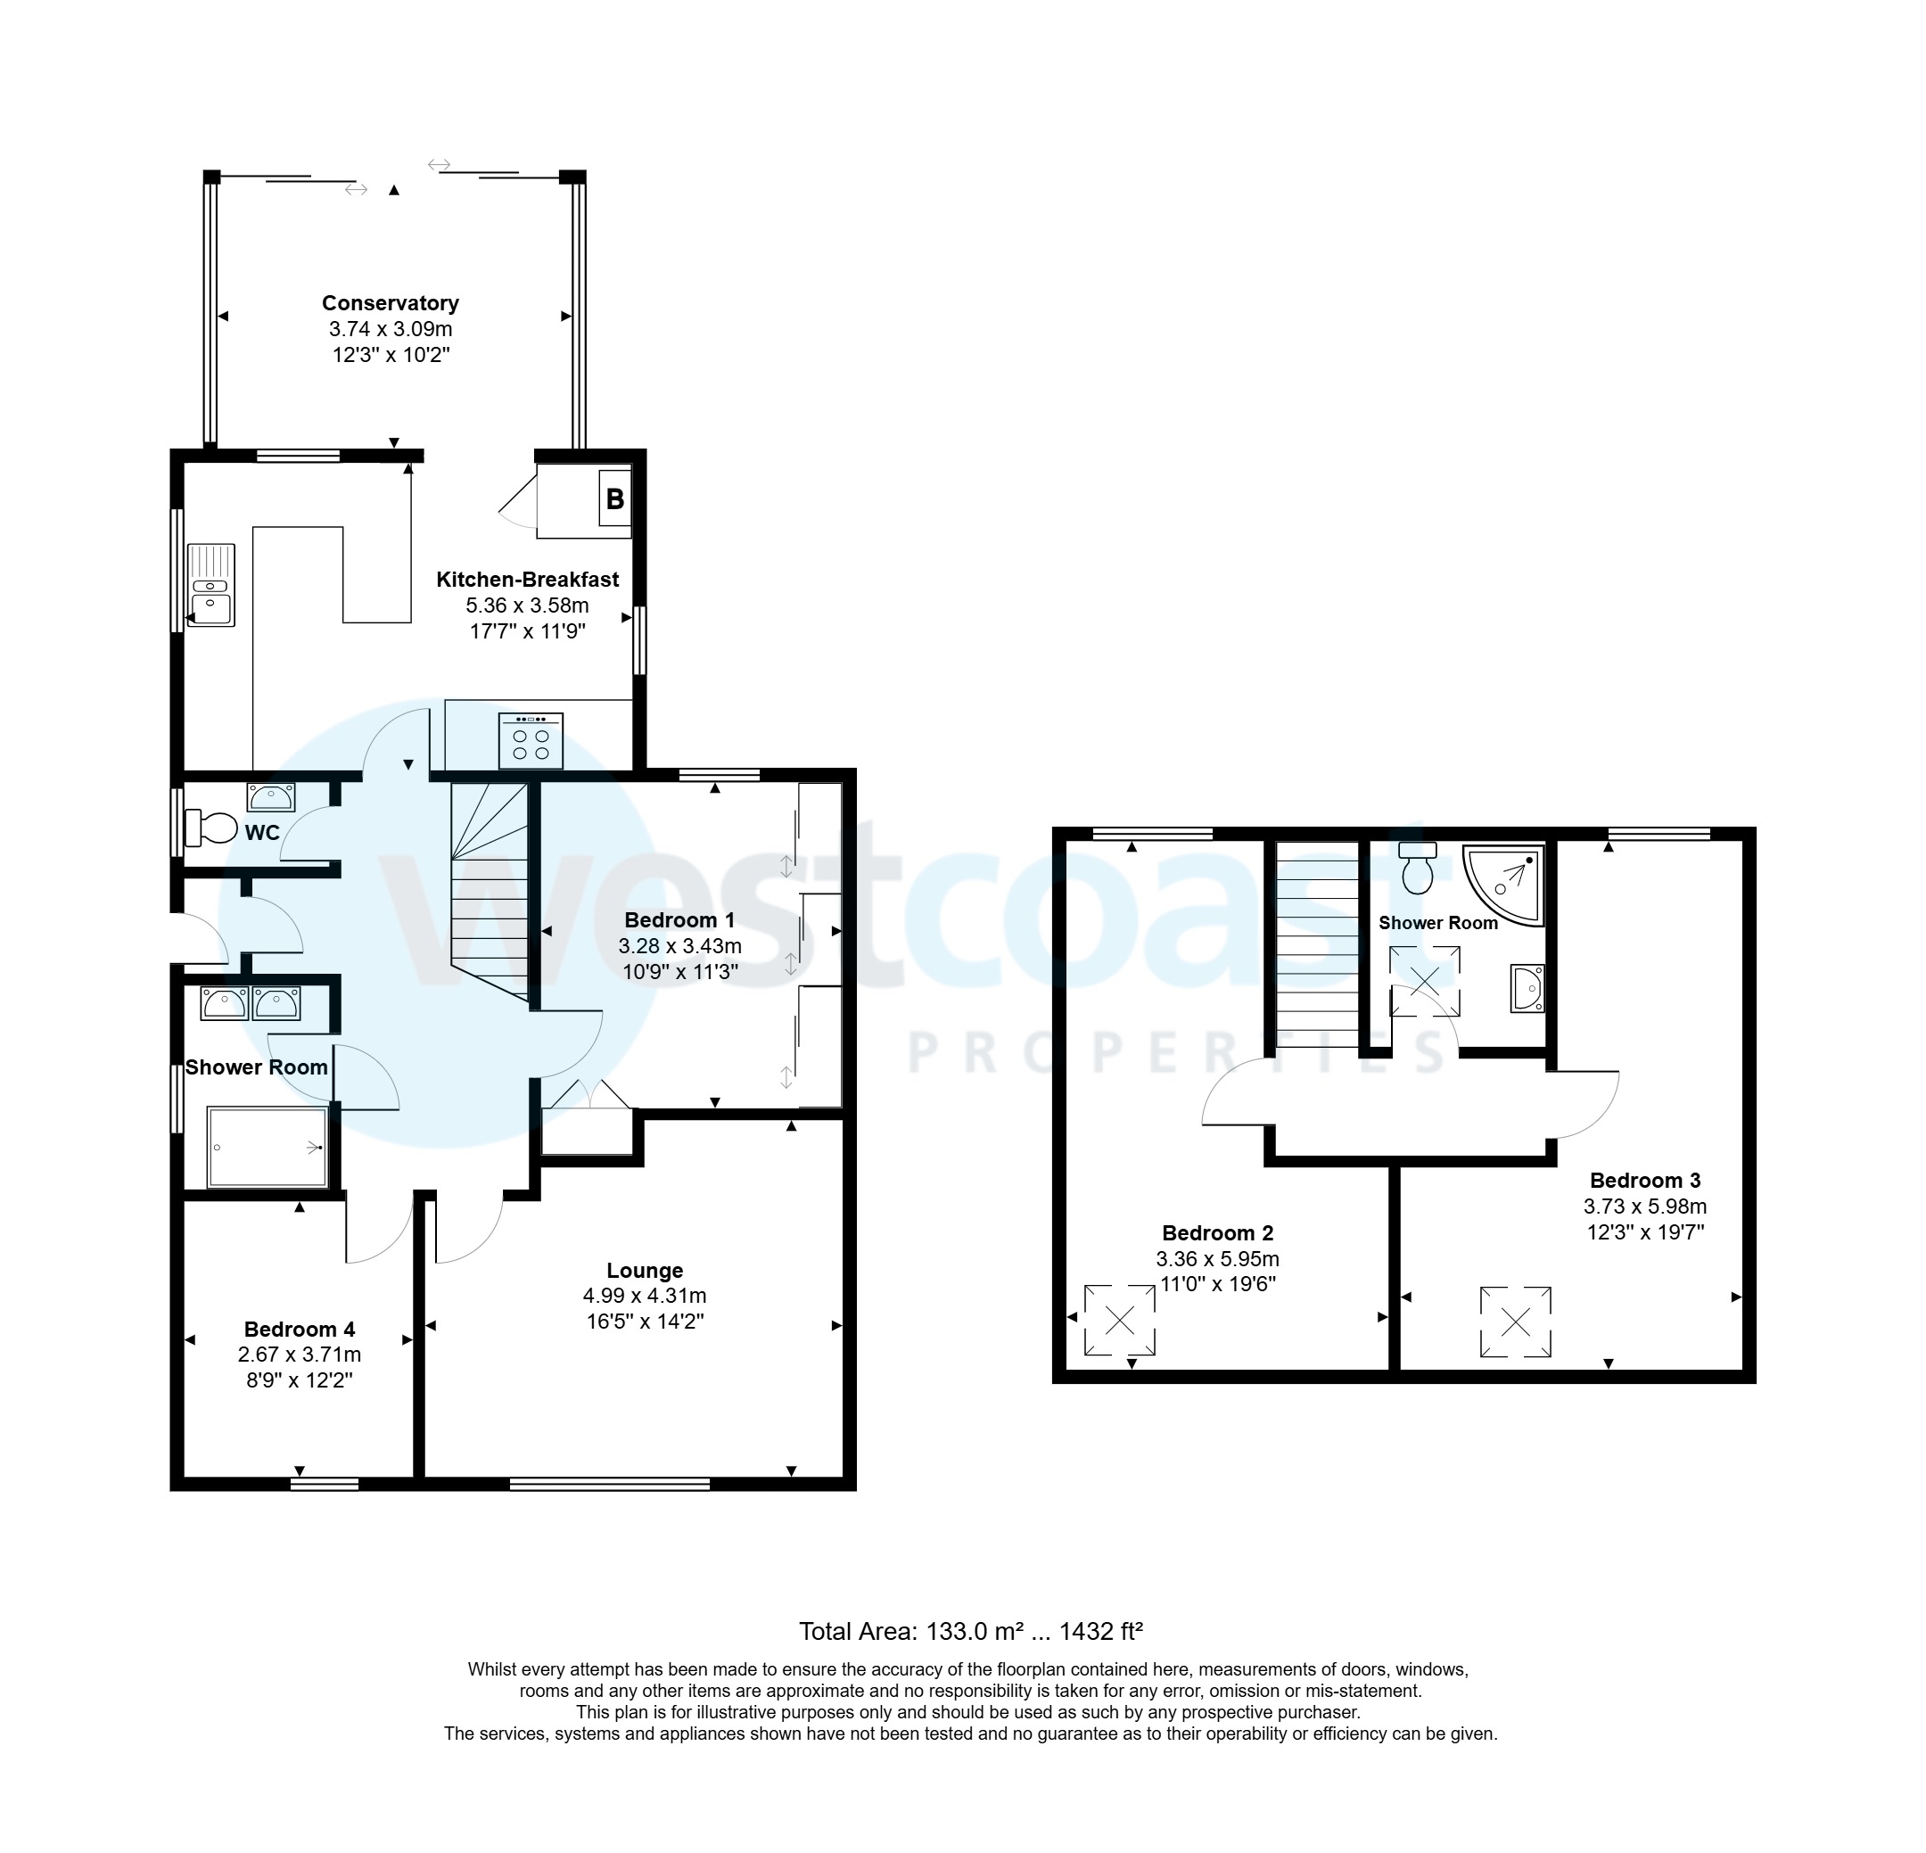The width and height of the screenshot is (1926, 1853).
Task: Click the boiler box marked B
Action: pos(614,498)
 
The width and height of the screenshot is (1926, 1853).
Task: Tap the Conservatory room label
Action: pos(391,303)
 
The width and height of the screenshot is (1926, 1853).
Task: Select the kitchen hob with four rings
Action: pos(531,740)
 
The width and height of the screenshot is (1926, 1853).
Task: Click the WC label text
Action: pos(262,833)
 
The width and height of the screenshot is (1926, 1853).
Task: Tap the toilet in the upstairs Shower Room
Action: pos(1417,868)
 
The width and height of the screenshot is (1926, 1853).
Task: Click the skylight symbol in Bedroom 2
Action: pos(1119,1320)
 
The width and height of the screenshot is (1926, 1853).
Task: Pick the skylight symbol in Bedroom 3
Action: pos(1515,1322)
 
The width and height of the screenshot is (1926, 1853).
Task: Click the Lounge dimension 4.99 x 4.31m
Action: pos(645,1296)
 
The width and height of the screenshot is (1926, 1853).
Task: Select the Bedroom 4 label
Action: pos(299,1330)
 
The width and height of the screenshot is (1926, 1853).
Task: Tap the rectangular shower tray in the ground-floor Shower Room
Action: pos(267,1147)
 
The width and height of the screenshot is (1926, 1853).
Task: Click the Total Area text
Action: pos(970,1632)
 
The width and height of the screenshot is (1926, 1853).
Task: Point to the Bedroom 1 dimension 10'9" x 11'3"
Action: pos(680,973)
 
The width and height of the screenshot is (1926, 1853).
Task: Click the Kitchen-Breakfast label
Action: pos(528,580)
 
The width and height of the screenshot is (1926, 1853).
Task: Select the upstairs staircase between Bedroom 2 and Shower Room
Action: pos(1316,938)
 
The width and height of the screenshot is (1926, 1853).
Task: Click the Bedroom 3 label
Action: pos(1645,1180)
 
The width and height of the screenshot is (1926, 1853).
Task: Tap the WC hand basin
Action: pos(270,797)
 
